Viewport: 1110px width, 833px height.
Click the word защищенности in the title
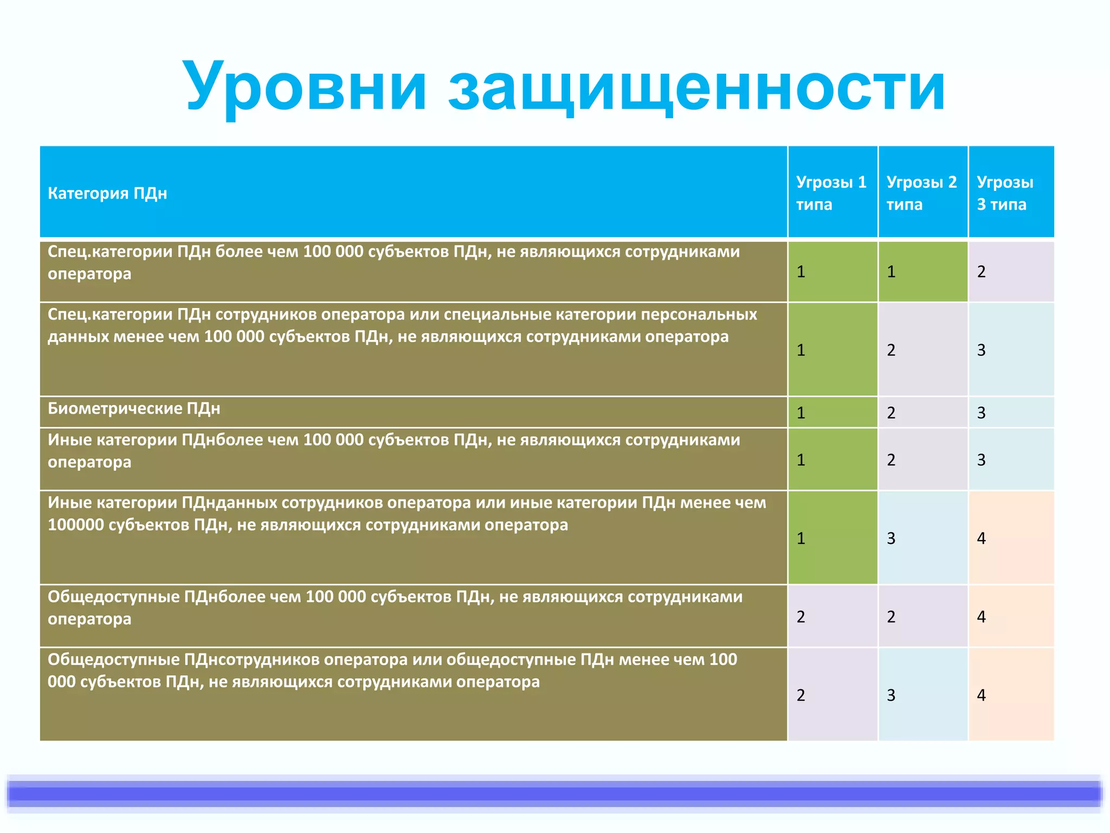coord(696,87)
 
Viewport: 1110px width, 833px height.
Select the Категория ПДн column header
coord(107,193)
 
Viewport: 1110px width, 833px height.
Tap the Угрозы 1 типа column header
coord(831,193)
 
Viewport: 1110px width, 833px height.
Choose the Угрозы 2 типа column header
coord(921,193)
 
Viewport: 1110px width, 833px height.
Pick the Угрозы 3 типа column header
coord(1005,193)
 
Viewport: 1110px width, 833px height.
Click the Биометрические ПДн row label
coord(134,408)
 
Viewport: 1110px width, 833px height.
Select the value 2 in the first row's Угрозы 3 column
coord(982,272)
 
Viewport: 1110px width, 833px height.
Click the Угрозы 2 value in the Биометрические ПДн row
coord(891,413)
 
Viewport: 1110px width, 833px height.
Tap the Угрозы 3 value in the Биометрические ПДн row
coord(982,413)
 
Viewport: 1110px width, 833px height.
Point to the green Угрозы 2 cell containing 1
coord(891,272)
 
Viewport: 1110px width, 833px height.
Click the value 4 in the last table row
coord(982,695)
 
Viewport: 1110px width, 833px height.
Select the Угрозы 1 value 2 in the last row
coord(801,695)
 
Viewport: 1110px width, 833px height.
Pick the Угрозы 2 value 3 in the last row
coord(891,695)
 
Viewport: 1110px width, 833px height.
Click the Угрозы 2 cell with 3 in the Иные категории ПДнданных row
coord(891,539)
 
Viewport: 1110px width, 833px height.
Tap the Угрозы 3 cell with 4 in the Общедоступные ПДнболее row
coord(982,617)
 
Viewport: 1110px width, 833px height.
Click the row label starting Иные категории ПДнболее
coord(393,450)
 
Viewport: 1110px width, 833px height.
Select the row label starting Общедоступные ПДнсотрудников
coord(392,670)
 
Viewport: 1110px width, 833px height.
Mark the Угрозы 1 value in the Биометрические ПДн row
coord(801,413)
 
